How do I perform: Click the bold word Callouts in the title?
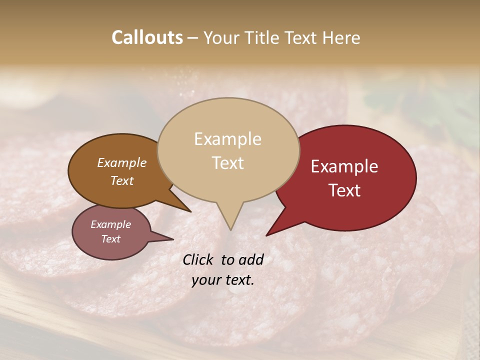(147, 37)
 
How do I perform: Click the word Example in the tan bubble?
(227, 139)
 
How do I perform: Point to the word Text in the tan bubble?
(227, 163)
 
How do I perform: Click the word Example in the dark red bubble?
(344, 166)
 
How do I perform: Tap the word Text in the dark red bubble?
(344, 190)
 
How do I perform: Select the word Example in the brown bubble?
(122, 162)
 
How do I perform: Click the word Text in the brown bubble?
(122, 180)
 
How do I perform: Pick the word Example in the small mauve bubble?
(110, 224)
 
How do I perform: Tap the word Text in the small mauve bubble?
(110, 239)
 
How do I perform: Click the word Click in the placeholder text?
(198, 259)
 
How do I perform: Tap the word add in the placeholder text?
(251, 259)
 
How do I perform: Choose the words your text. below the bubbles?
(223, 280)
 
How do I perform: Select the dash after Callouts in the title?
(193, 38)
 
